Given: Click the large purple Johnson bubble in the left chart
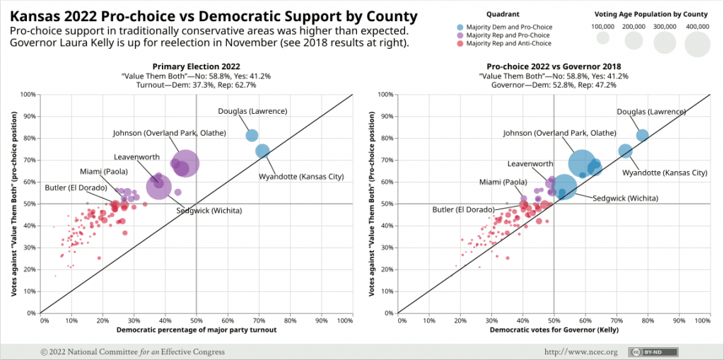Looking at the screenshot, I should [x=187, y=163].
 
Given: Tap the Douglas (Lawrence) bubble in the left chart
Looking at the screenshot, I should [x=252, y=136].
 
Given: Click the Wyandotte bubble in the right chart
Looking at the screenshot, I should [x=625, y=151].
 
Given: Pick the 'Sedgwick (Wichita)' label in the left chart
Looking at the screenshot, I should [x=209, y=211].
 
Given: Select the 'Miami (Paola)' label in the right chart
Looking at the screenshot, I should [x=490, y=182].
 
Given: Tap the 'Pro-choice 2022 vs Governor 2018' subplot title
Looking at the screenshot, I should [x=554, y=66].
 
